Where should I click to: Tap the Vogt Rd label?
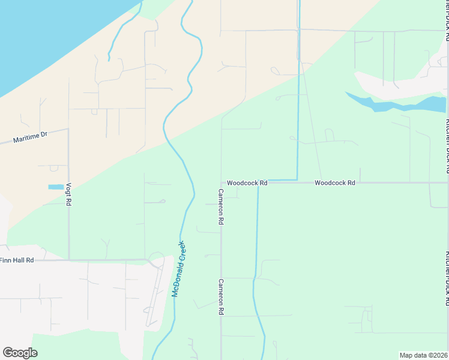[x=69, y=195]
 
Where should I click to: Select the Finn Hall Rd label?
[x=17, y=260]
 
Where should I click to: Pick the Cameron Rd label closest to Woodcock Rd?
[x=221, y=206]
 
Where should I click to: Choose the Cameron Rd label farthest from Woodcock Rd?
[x=221, y=298]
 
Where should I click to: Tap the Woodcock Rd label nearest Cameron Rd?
[x=247, y=182]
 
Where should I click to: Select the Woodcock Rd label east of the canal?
[x=334, y=182]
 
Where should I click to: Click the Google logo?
[x=20, y=353]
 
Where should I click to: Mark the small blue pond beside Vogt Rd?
[x=55, y=187]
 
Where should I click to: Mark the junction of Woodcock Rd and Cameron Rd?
[x=221, y=182]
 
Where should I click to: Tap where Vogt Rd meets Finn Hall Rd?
[x=68, y=260]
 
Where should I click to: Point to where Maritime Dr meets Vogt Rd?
[x=68, y=128]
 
